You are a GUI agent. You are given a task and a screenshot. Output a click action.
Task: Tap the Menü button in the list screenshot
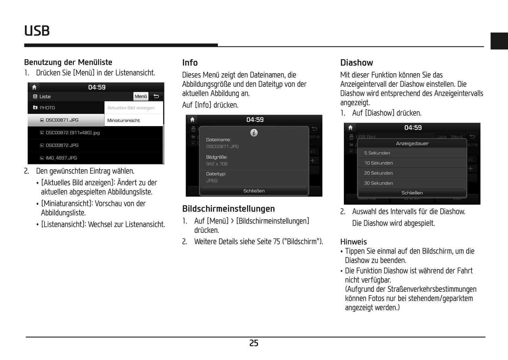pyautogui.click(x=141, y=97)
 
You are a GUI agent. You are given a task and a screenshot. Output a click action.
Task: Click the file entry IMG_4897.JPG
pyautogui.click(x=61, y=158)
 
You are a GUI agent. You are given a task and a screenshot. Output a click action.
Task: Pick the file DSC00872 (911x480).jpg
pyautogui.click(x=72, y=133)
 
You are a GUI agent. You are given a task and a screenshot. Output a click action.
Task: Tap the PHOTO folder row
pyautogui.click(x=47, y=108)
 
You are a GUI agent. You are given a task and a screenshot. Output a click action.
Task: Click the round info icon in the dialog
pyautogui.click(x=254, y=133)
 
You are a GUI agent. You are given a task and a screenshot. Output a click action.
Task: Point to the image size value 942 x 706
pyautogui.click(x=217, y=164)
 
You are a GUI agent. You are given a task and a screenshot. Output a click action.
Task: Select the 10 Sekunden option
pyautogui.click(x=379, y=163)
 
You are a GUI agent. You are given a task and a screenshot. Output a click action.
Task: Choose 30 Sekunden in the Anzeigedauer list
pyautogui.click(x=379, y=183)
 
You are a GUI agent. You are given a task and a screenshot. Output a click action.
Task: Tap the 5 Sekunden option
pyautogui.click(x=377, y=153)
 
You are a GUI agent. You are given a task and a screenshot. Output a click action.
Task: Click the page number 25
pyautogui.click(x=254, y=343)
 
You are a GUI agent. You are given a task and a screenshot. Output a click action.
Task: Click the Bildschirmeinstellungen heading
pyautogui.click(x=229, y=209)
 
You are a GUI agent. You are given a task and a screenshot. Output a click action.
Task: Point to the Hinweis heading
pyautogui.click(x=353, y=242)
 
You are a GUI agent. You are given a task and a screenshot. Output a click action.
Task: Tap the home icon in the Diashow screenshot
pyautogui.click(x=350, y=127)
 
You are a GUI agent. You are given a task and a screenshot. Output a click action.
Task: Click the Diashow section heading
pyautogui.click(x=356, y=63)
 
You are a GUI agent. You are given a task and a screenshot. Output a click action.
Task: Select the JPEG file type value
pyautogui.click(x=212, y=181)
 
